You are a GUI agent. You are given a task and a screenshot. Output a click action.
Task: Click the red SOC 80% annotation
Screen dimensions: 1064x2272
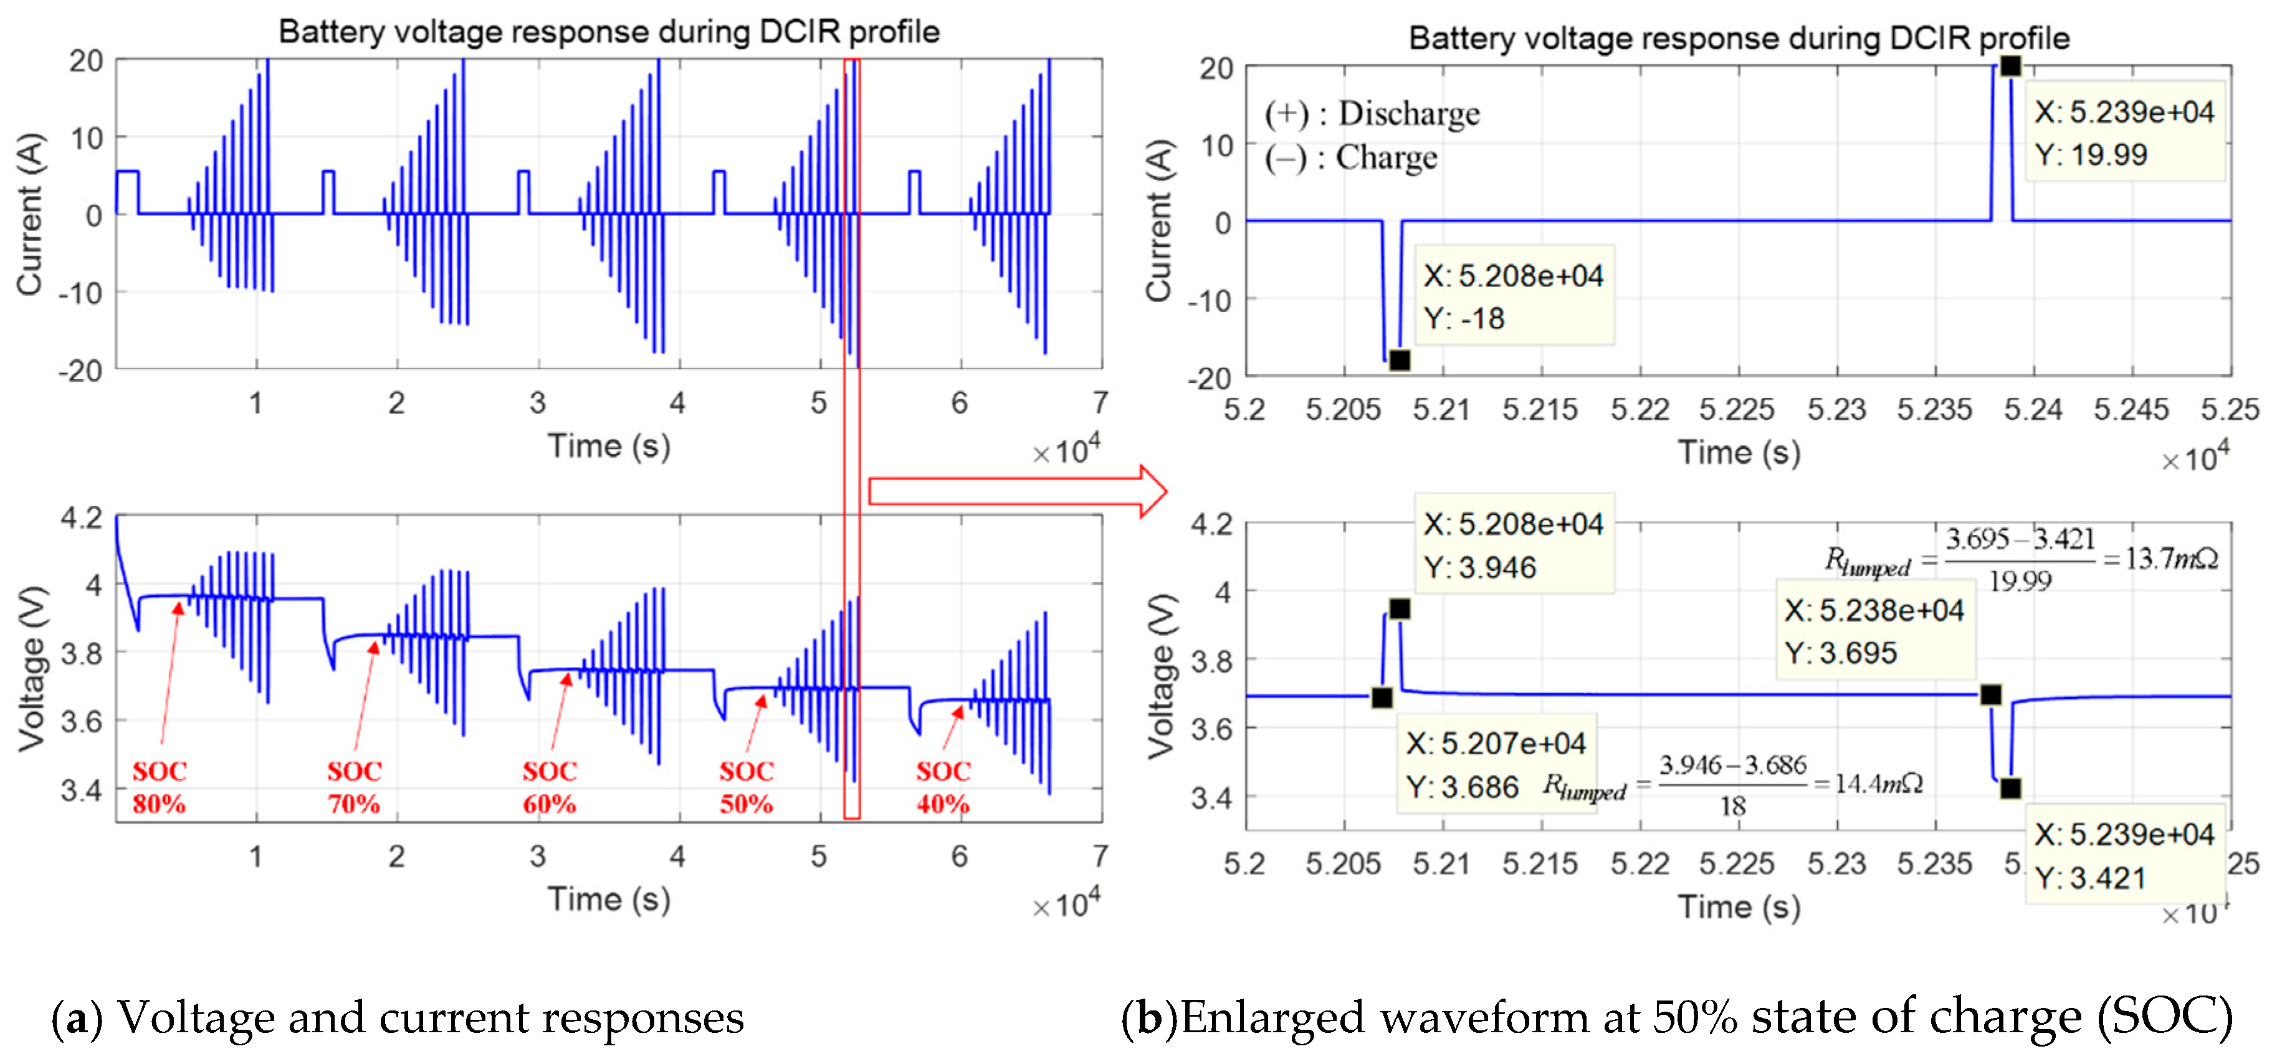click(x=160, y=787)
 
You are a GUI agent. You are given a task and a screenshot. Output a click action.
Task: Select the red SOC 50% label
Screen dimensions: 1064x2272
click(x=746, y=787)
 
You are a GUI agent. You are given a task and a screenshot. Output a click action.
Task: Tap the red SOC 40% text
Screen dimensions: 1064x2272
click(x=943, y=787)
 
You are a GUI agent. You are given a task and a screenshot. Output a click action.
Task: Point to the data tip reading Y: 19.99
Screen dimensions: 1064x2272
click(x=2124, y=132)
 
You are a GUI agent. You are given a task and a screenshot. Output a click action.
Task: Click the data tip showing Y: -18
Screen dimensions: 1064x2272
click(x=1512, y=296)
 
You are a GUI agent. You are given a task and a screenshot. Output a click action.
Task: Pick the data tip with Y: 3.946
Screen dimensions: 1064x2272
click(x=1512, y=545)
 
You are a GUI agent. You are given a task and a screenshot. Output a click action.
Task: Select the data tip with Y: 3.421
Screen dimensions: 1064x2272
click(x=2124, y=855)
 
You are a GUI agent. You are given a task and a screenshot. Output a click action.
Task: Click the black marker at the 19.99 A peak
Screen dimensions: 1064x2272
click(x=2010, y=66)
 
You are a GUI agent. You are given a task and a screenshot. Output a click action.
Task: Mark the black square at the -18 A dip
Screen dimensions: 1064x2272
click(x=1400, y=360)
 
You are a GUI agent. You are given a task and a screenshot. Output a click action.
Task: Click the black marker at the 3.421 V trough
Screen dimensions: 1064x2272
click(x=2010, y=788)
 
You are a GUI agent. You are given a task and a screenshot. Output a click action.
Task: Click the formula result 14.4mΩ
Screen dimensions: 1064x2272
click(x=1879, y=784)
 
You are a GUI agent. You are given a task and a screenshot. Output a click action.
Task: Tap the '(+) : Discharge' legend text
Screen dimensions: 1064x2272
click(x=1372, y=114)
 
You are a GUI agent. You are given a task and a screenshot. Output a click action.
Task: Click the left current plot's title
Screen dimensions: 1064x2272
click(x=609, y=32)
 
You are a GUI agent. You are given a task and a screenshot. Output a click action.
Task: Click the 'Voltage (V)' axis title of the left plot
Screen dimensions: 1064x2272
click(x=32, y=668)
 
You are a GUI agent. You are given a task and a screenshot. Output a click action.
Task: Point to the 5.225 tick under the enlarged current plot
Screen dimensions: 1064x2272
click(x=1737, y=410)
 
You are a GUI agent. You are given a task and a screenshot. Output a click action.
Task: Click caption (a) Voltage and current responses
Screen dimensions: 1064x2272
click(x=398, y=1017)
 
